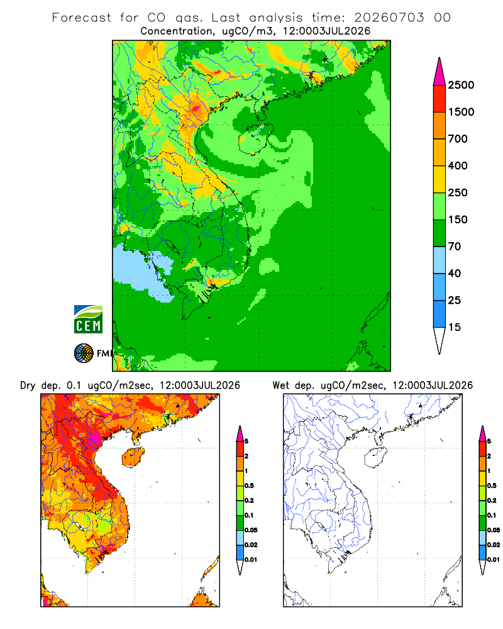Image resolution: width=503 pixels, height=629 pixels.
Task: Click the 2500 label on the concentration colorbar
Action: (x=461, y=85)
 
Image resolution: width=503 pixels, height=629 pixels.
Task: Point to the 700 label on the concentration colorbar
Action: (x=458, y=139)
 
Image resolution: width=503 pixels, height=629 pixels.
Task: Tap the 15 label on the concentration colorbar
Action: (x=455, y=327)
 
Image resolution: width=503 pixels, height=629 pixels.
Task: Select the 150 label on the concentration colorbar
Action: (x=458, y=220)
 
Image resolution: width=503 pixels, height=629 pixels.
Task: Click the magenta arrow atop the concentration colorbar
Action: (x=439, y=72)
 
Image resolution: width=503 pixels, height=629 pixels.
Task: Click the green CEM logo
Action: (x=88, y=320)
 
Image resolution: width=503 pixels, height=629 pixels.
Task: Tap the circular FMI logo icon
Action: (x=84, y=353)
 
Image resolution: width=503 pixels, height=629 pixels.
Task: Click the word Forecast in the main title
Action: (x=82, y=18)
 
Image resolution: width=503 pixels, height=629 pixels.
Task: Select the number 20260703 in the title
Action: (x=389, y=18)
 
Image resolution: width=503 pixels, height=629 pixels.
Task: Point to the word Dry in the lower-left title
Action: (x=28, y=386)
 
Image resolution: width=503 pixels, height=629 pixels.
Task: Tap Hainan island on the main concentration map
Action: (x=256, y=139)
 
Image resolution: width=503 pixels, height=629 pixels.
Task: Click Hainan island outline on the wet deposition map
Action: (x=375, y=457)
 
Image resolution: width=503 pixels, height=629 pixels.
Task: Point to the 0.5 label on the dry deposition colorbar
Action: (x=249, y=486)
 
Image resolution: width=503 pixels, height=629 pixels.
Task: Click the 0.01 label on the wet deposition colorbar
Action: (x=494, y=560)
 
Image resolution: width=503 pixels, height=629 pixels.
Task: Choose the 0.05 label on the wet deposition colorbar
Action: (x=494, y=530)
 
